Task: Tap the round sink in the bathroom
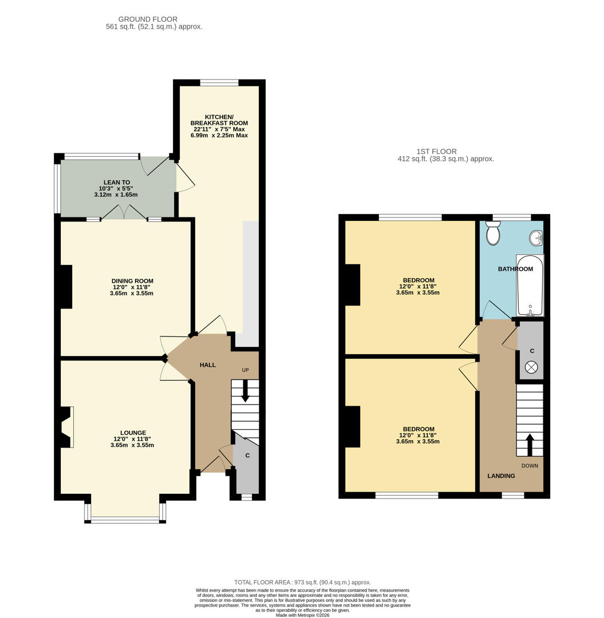pos(536,237)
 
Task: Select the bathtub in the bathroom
pos(530,286)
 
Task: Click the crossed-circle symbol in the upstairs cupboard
pos(531,368)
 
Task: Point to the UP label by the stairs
pos(245,370)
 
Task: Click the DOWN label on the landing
pos(530,465)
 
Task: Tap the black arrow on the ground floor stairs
pos(245,392)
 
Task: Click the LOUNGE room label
pos(133,433)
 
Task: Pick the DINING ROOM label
pos(132,281)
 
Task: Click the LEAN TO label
pos(117,183)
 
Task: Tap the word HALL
pos(208,365)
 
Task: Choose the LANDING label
pos(501,476)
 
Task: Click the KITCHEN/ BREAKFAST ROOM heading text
pos(219,120)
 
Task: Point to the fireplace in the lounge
pos(66,427)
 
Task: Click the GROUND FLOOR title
pos(148,19)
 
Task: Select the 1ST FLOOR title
pos(436,151)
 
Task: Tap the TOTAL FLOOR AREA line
pos(302,582)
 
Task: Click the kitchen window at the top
pos(219,82)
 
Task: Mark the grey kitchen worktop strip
pos(250,284)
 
